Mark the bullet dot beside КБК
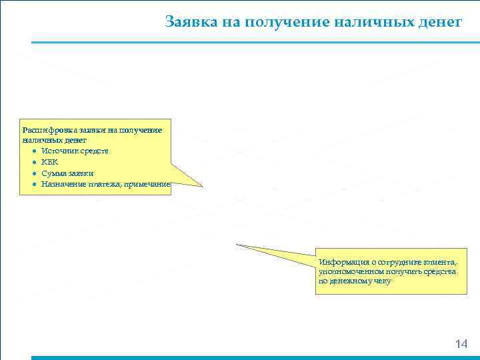pos(33,162)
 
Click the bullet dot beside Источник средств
pos(33,151)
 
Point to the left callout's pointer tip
pos(202,187)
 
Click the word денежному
pos(353,281)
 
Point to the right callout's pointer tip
pos(237,245)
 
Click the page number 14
pos(461,344)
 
